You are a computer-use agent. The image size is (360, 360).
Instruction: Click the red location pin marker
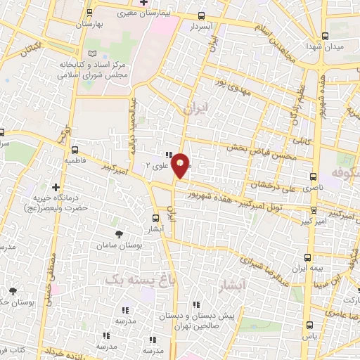point(181,165)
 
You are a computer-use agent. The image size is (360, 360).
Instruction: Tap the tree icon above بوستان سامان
point(117,233)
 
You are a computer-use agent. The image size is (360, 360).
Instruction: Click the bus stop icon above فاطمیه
point(75,149)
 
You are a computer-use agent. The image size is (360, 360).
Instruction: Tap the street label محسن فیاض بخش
point(257,147)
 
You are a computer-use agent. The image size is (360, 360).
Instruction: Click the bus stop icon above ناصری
point(314,176)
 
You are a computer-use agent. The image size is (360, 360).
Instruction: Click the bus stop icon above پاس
point(311,325)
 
